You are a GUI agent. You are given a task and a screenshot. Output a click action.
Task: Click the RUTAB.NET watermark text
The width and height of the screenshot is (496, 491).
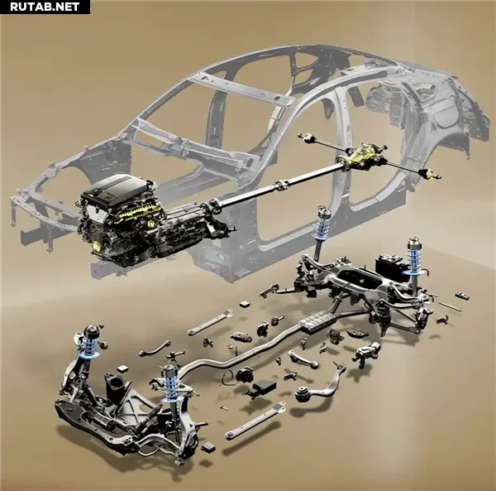[45, 7]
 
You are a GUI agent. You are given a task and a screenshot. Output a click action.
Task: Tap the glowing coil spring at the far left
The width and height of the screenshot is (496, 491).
[89, 344]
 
